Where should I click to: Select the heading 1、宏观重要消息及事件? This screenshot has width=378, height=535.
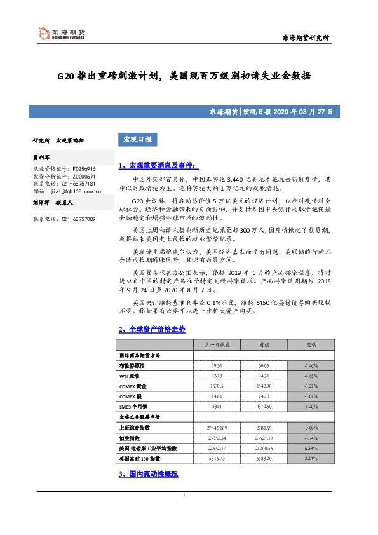[158, 165]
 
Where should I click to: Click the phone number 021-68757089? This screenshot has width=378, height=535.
[79, 219]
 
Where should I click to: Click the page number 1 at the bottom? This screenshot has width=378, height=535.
[184, 513]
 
